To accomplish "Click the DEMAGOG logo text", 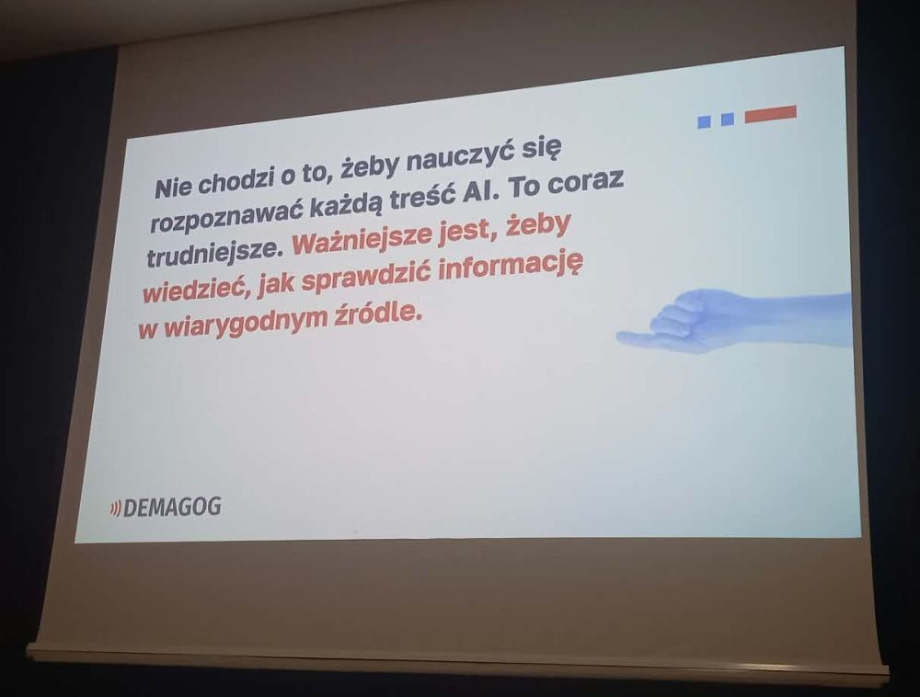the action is [172, 507].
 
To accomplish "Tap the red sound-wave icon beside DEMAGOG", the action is [116, 508].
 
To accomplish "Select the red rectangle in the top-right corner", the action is [770, 114].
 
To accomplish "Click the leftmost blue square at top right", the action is [704, 122].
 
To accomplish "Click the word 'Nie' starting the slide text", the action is [173, 188].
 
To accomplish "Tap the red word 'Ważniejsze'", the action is [362, 239].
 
